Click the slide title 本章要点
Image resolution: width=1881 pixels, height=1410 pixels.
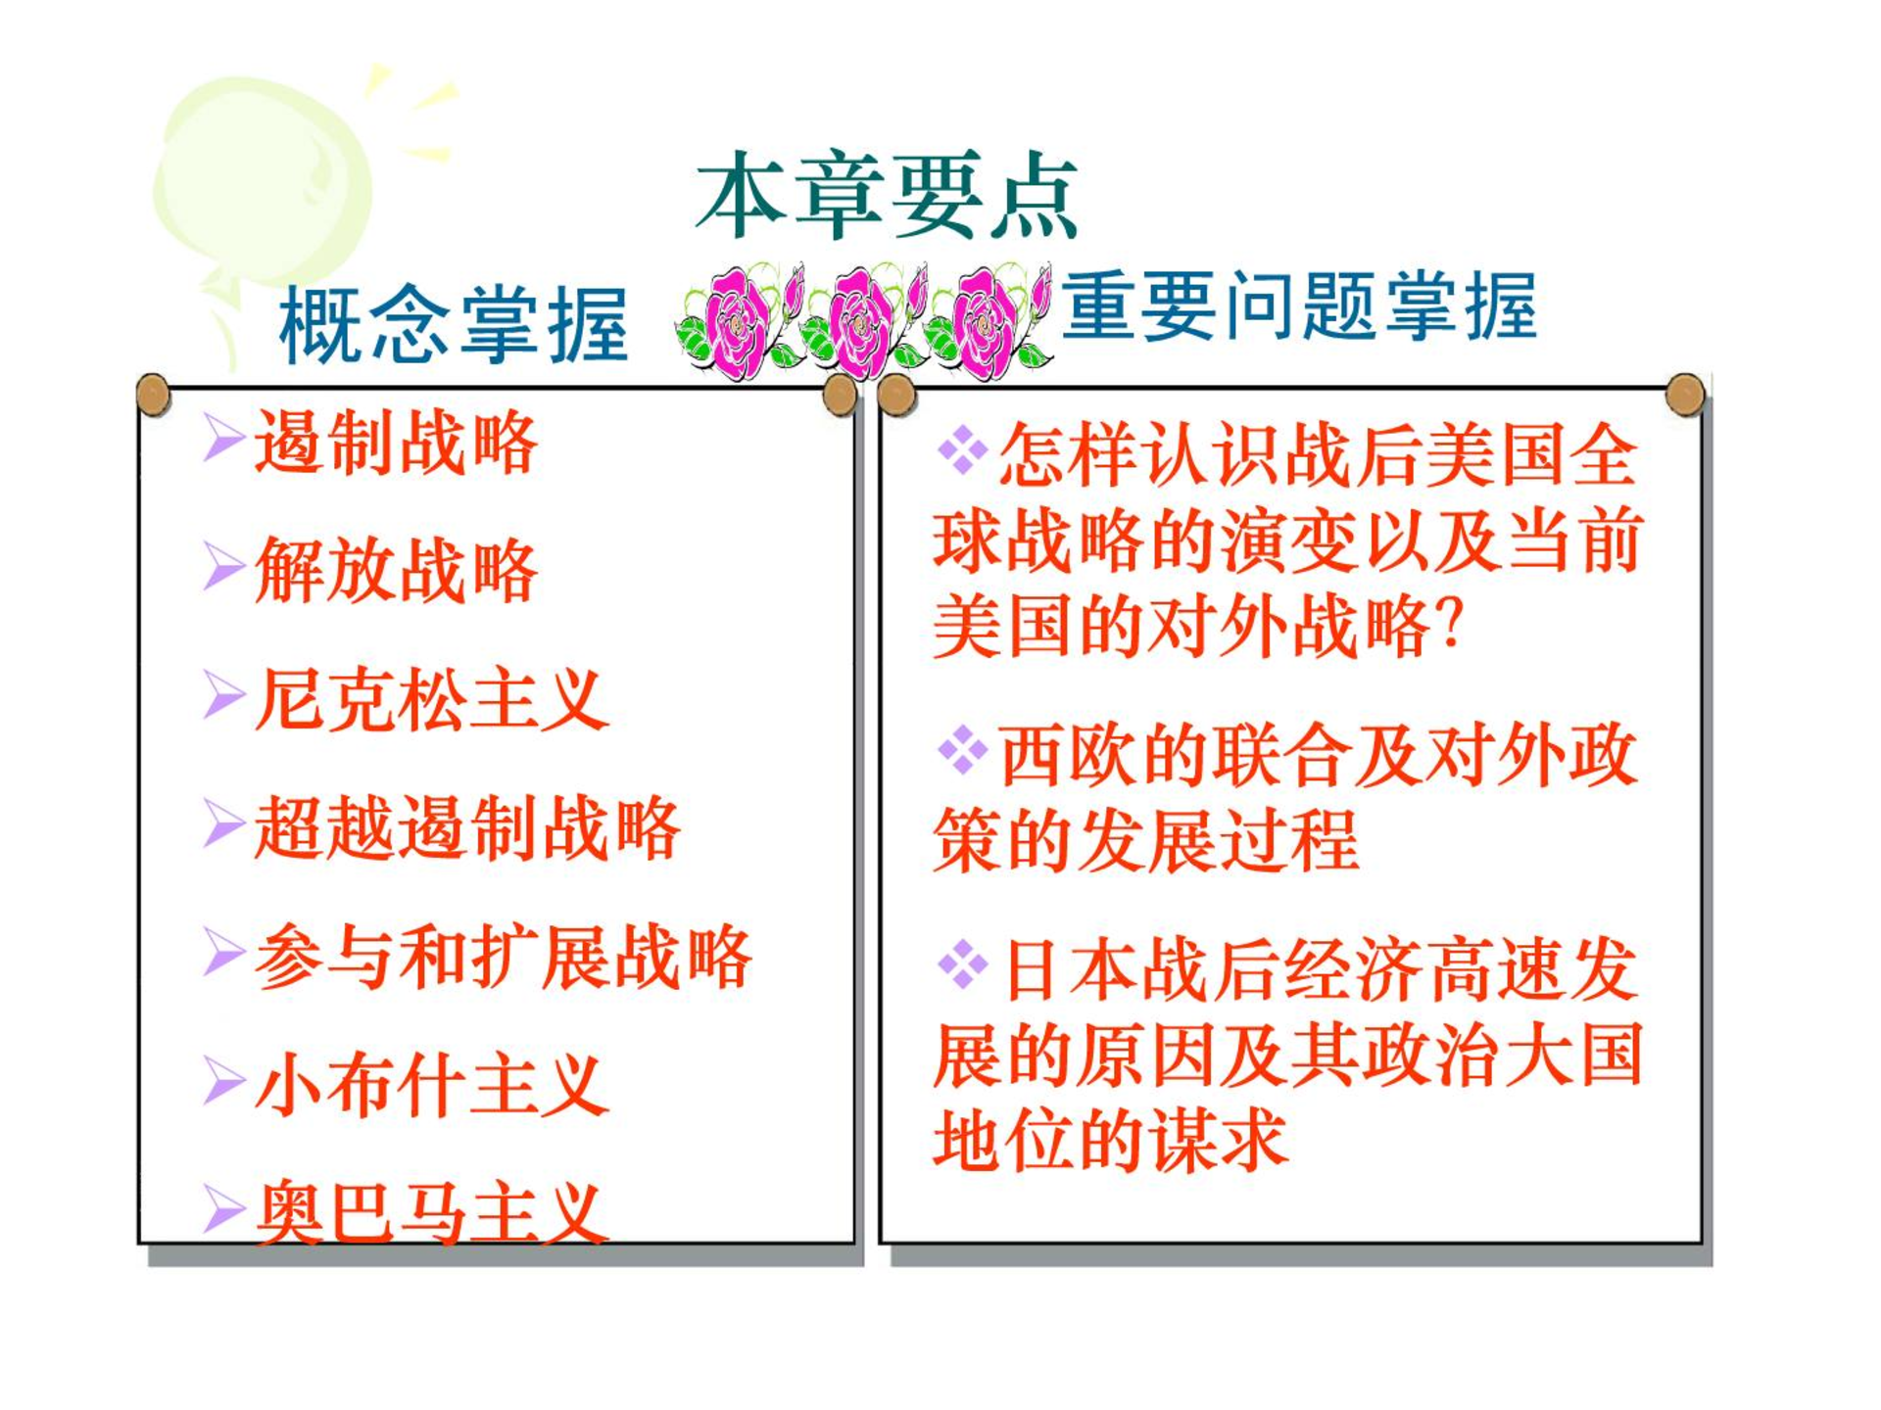pos(887,196)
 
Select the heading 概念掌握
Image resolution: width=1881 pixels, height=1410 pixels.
pos(454,325)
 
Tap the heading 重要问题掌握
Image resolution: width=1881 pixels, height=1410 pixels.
pos(1299,306)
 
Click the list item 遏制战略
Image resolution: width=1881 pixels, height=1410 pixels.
pos(396,442)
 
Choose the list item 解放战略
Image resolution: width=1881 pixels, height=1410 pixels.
pos(396,570)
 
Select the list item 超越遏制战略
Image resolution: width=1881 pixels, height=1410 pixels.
pos(467,827)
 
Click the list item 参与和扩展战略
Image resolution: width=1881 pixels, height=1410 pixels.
pos(504,956)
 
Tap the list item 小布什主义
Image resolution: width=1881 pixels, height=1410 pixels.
pos(432,1085)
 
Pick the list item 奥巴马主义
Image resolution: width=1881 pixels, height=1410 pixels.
pos(432,1212)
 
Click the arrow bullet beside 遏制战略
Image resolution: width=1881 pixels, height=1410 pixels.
pos(223,437)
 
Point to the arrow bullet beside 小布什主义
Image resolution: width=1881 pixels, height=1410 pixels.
pos(223,1081)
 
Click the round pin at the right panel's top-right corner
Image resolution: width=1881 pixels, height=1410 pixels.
pos(1685,395)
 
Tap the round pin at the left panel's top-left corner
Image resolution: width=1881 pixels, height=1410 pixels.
pos(154,395)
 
